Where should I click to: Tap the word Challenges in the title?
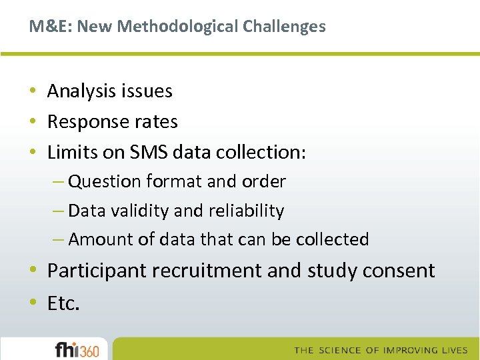tap(284, 27)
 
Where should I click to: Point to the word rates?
tap(156, 122)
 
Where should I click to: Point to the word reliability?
tap(247, 211)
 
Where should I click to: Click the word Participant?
tap(97, 271)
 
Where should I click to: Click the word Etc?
tap(63, 303)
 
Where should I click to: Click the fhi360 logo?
tap(77, 349)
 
